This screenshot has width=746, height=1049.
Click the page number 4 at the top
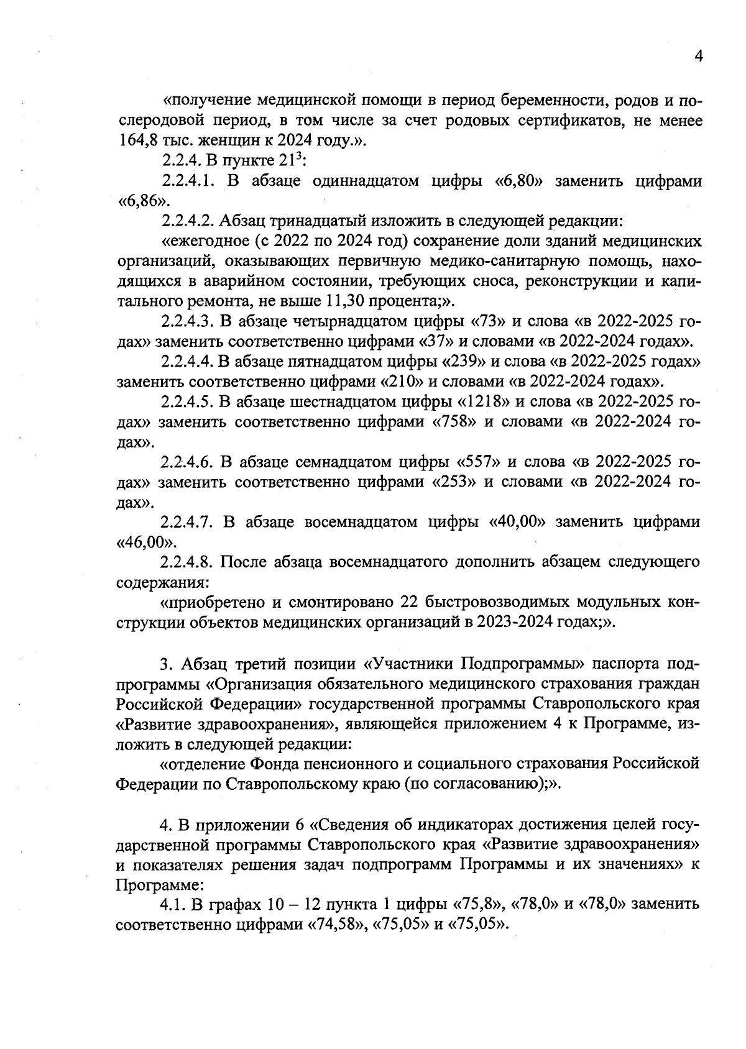pos(698,57)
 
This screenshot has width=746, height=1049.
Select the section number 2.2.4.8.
pos(188,562)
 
